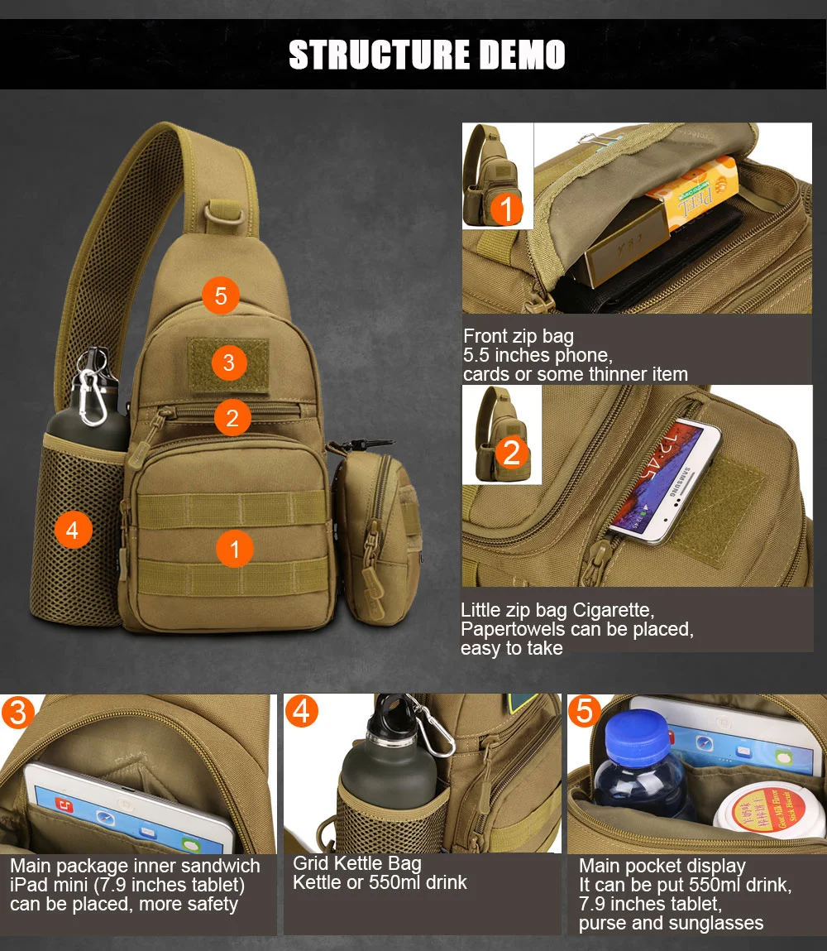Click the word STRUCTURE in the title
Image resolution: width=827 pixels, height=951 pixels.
(380, 55)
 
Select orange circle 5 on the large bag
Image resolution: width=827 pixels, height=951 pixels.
(221, 295)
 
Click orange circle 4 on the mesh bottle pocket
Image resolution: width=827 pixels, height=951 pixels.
(74, 530)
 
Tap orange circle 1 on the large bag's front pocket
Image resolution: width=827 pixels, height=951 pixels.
(235, 549)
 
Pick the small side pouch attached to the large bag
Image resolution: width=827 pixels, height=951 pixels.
(377, 537)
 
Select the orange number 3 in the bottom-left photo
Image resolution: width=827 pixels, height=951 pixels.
(17, 712)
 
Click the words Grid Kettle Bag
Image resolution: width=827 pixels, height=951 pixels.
(357, 863)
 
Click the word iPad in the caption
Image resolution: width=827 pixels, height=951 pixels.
(31, 885)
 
